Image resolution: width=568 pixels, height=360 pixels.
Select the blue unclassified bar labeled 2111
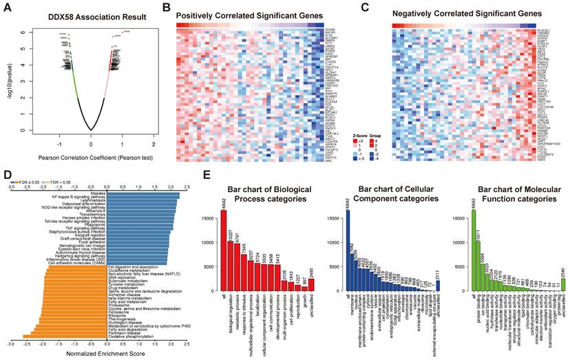[x=438, y=288]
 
